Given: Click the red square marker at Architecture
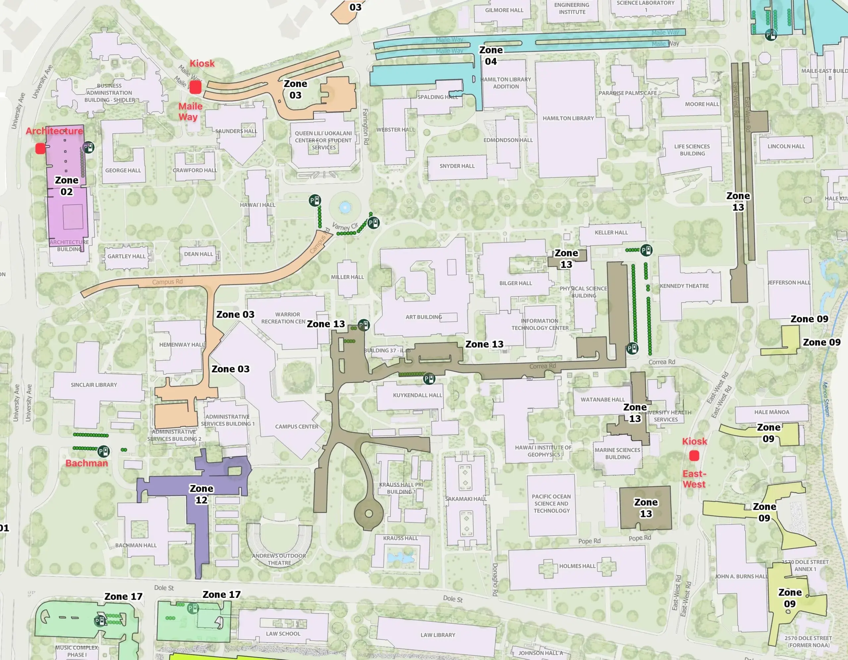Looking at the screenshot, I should pyautogui.click(x=40, y=148).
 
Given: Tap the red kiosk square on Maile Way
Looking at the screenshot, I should pyautogui.click(x=195, y=87).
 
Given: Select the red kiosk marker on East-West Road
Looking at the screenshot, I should pyautogui.click(x=694, y=456).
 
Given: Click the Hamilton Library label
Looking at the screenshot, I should pyautogui.click(x=568, y=118).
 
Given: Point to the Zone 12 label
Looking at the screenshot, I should pyautogui.click(x=201, y=494).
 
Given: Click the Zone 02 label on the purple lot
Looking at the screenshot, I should pyautogui.click(x=66, y=186).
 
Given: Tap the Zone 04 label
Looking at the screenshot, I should pyautogui.click(x=491, y=56).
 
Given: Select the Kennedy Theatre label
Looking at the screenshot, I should pyautogui.click(x=684, y=286).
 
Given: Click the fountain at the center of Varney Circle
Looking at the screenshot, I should pyautogui.click(x=345, y=207).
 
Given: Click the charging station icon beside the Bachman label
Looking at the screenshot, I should pyautogui.click(x=103, y=451).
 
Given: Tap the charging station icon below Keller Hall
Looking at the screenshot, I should pyautogui.click(x=646, y=250).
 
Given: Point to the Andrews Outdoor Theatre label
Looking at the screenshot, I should pyautogui.click(x=279, y=559).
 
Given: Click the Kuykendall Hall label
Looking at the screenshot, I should pyautogui.click(x=417, y=395).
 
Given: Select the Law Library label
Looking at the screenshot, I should pyautogui.click(x=438, y=635).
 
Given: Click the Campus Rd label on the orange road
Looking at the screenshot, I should pyautogui.click(x=167, y=282).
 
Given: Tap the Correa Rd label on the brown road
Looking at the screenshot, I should pyautogui.click(x=543, y=366).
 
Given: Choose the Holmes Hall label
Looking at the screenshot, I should pyautogui.click(x=577, y=566).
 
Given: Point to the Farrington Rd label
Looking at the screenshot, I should pyautogui.click(x=365, y=127).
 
